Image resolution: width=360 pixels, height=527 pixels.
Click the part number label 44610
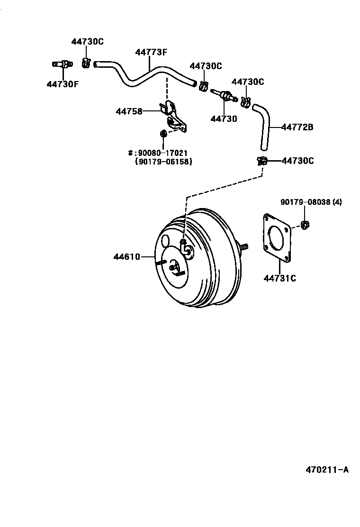[x=126, y=257]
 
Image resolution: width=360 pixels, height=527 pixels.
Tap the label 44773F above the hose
[x=151, y=53]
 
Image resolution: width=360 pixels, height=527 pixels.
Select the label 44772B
[x=297, y=127]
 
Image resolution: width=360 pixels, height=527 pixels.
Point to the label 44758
[x=129, y=111]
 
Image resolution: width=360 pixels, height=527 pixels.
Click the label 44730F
[x=63, y=84]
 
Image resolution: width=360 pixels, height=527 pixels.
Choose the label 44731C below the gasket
[x=279, y=278]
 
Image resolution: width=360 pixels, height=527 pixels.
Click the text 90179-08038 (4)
[x=311, y=202]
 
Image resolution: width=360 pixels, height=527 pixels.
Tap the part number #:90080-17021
[x=164, y=153]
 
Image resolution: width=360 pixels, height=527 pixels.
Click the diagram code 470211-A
[x=326, y=470]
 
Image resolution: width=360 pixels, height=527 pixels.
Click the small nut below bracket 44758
[x=163, y=134]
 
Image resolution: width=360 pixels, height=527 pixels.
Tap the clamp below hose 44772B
[x=261, y=161]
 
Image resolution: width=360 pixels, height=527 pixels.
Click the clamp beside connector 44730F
[x=86, y=62]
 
